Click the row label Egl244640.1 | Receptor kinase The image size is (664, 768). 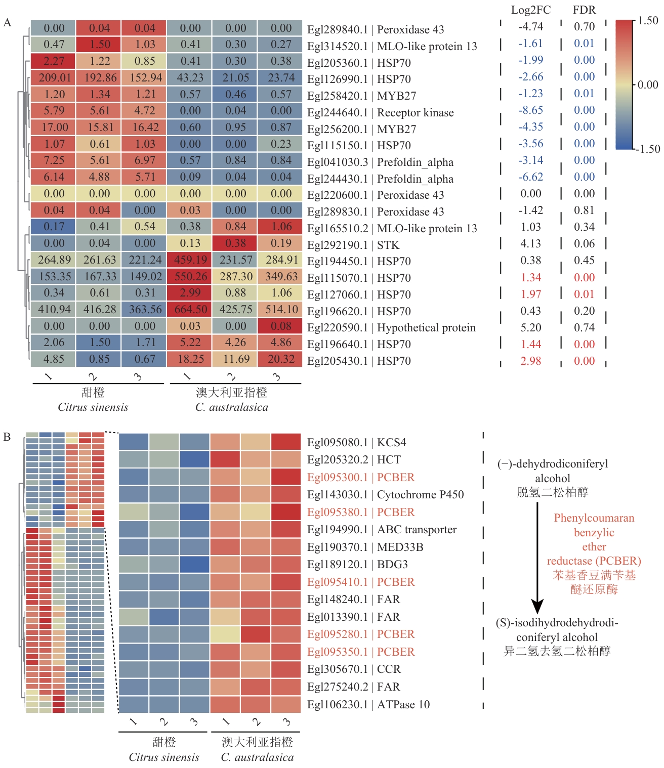(x=380, y=112)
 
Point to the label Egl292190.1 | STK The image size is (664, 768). (x=353, y=245)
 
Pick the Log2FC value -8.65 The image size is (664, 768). (x=530, y=110)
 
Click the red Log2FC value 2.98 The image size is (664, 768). (x=530, y=361)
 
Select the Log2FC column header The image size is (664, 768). (x=530, y=10)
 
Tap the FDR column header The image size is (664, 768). (x=584, y=10)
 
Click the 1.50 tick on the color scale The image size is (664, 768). (x=648, y=21)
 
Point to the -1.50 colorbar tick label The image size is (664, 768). (x=648, y=149)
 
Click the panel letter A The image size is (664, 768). (x=7, y=22)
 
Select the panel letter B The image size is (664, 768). (x=7, y=437)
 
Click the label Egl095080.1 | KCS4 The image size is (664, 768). (x=356, y=442)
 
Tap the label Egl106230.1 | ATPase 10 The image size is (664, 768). (x=368, y=704)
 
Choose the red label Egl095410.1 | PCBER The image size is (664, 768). (x=360, y=582)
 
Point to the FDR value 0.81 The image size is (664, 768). (x=584, y=210)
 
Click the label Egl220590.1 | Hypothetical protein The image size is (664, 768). (x=391, y=327)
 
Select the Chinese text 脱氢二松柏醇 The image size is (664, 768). (x=552, y=492)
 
